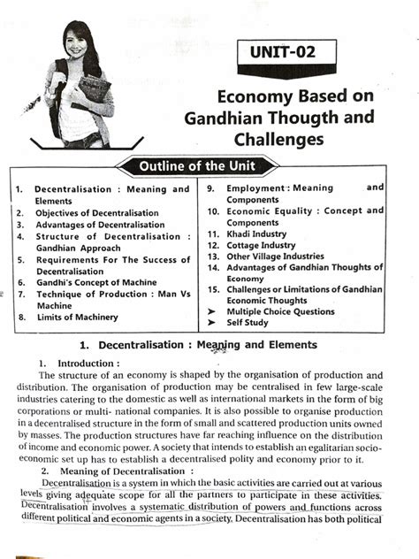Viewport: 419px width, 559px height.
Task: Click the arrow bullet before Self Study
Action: pyautogui.click(x=211, y=324)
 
